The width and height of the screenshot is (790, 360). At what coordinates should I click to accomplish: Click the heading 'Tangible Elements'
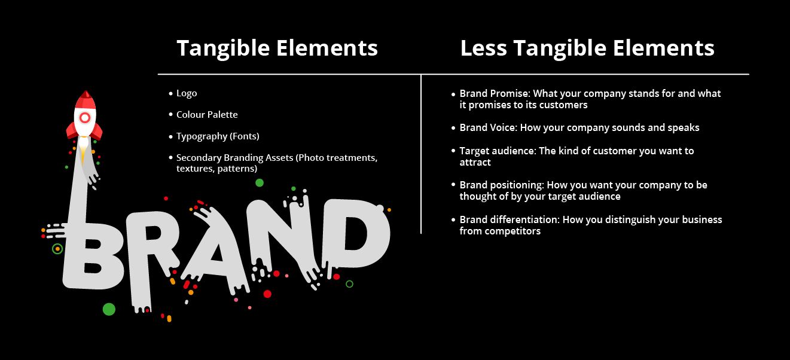point(277,48)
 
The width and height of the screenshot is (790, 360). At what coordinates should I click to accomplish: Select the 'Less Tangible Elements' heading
point(587,48)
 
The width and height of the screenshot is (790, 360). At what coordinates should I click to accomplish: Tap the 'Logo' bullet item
point(187,93)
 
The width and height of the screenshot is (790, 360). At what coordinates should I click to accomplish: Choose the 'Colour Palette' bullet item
point(207,115)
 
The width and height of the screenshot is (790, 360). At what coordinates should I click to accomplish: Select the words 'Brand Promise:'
point(495,93)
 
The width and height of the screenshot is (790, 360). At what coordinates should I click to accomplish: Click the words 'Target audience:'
point(498,151)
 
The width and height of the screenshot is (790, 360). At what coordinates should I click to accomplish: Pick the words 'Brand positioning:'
point(502,185)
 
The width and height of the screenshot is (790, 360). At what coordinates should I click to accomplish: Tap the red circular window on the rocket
point(85,118)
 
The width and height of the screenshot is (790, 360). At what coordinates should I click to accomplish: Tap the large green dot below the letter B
point(109,309)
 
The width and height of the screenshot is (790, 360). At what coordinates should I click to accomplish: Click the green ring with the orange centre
point(57,249)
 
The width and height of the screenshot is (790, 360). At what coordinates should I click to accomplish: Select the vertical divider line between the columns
point(421,154)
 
